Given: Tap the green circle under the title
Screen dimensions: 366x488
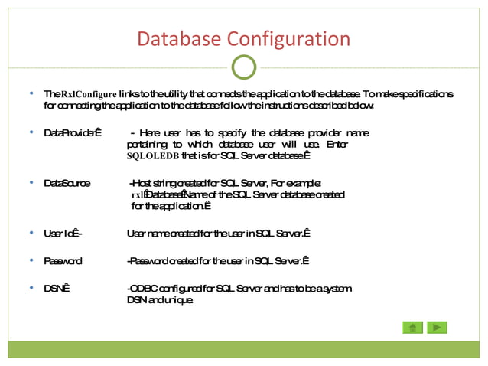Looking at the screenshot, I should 243,67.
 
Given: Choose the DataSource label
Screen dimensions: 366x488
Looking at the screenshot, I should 67,184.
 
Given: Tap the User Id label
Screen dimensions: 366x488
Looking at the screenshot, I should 63,234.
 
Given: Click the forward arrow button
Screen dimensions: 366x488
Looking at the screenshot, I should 437,327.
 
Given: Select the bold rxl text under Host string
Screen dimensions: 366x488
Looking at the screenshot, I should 138,195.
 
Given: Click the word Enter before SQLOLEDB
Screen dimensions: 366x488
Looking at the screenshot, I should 337,145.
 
